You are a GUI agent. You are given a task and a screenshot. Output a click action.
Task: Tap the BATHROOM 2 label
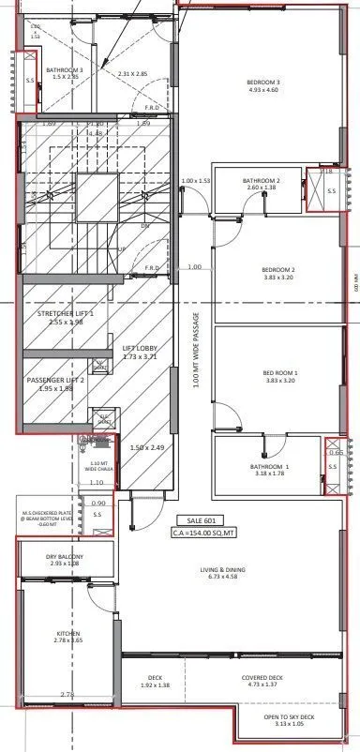pyautogui.click(x=262, y=180)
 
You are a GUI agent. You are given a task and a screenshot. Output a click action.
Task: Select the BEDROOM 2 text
pyautogui.click(x=278, y=270)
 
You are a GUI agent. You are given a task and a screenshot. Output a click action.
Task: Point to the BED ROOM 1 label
pyautogui.click(x=278, y=373)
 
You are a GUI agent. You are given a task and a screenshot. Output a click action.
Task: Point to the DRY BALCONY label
pyautogui.click(x=65, y=557)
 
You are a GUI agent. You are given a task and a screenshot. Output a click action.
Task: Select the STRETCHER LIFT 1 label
pyautogui.click(x=67, y=314)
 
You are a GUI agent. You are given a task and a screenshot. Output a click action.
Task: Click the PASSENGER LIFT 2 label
pyautogui.click(x=61, y=381)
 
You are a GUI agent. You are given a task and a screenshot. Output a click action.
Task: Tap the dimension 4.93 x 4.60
pyautogui.click(x=263, y=90)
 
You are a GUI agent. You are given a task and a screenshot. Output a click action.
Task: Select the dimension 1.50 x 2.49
pyautogui.click(x=147, y=448)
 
